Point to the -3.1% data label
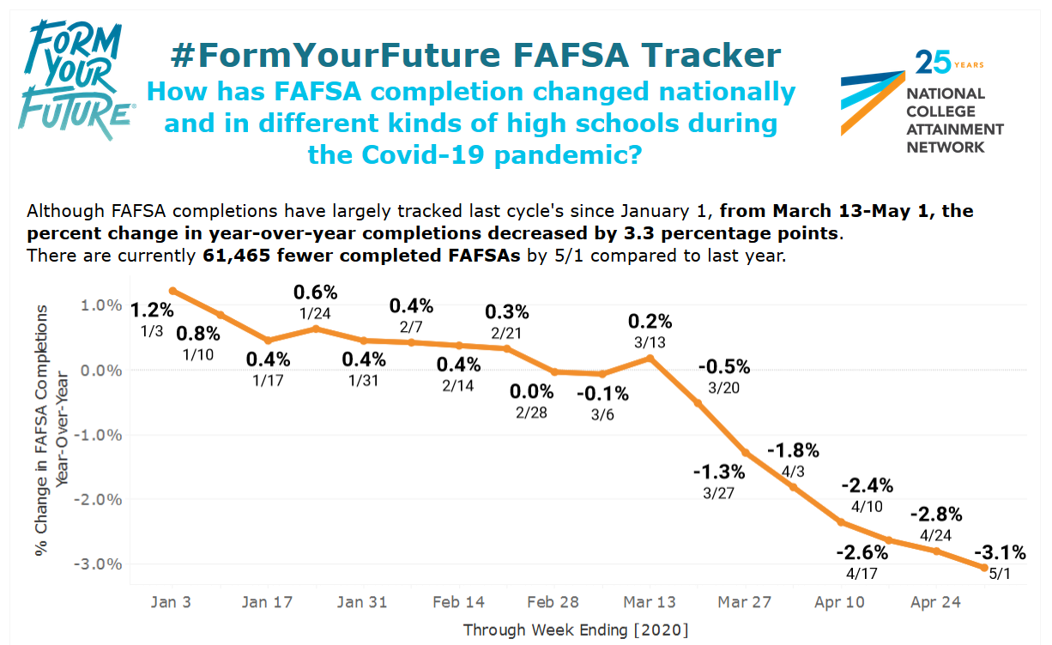997,553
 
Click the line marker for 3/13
650,358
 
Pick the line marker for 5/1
983,567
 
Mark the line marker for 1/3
172,291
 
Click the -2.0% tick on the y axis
100,499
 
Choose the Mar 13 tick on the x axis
650,602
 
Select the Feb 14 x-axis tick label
459,602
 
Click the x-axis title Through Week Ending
576,630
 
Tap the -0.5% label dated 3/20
723,367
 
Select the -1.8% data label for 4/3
793,450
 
